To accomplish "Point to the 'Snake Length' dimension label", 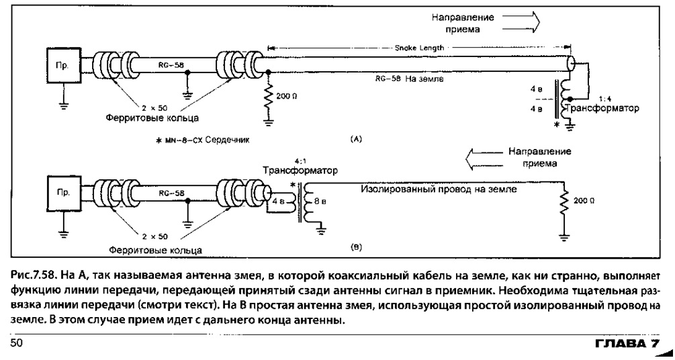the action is coord(419,48).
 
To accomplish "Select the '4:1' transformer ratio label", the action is coord(301,161).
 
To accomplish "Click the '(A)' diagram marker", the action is coord(357,138).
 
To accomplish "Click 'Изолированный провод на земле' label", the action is coord(438,189).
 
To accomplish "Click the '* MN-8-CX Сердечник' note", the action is coord(202,140).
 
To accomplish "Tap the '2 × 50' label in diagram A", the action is coord(154,109).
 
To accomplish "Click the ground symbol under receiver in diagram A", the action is coord(64,103).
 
